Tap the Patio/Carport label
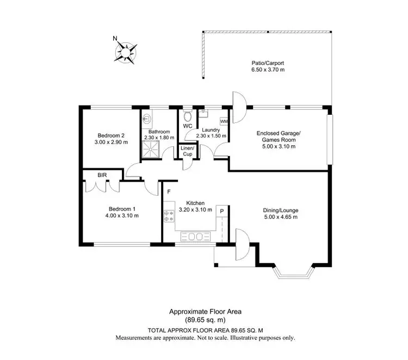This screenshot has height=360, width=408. (x=268, y=63)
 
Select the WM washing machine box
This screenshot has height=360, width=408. (x=224, y=121)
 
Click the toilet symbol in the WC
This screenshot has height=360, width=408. (x=188, y=116)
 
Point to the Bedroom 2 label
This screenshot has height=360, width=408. (x=112, y=135)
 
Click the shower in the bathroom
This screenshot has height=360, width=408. (x=151, y=148)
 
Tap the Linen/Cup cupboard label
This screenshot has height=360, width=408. (x=187, y=151)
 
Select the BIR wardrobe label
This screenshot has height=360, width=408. (x=102, y=175)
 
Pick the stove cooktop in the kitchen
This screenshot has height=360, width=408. (x=168, y=216)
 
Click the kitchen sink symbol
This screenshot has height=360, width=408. (x=195, y=237)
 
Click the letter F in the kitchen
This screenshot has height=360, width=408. (x=169, y=191)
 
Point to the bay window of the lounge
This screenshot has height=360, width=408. (x=294, y=272)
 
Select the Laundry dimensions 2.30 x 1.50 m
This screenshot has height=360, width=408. (x=209, y=137)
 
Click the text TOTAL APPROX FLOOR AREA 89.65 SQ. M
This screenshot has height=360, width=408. (x=204, y=330)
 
